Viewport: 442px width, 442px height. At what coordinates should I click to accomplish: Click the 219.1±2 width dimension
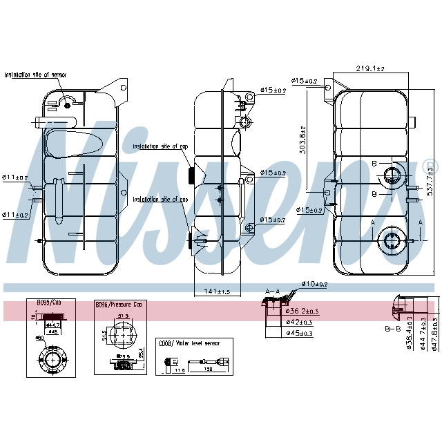point(370,68)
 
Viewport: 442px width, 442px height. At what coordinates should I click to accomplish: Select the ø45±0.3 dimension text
point(299,334)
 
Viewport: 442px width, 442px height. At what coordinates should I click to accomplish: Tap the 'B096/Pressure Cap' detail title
point(119,305)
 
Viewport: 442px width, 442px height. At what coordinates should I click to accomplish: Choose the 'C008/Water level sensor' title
point(189,343)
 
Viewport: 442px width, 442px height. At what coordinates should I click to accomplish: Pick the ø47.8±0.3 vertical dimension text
point(434,334)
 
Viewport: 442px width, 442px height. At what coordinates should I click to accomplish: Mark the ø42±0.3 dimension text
point(299,323)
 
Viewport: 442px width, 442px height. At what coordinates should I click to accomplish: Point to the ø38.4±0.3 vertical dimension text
point(410,334)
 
